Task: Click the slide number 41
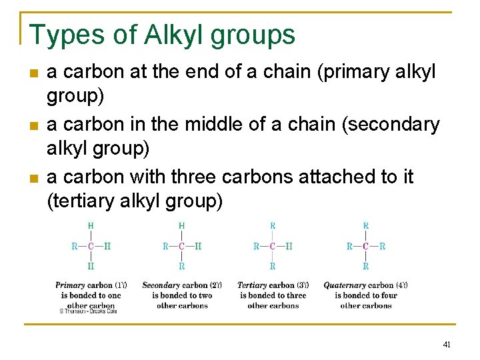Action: click(446, 345)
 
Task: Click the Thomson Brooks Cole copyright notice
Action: click(88, 311)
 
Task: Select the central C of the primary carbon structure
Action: click(91, 247)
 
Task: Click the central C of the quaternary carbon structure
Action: click(365, 247)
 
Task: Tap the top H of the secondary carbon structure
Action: click(182, 227)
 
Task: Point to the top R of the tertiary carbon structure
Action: click(273, 227)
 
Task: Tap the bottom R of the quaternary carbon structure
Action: click(365, 266)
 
